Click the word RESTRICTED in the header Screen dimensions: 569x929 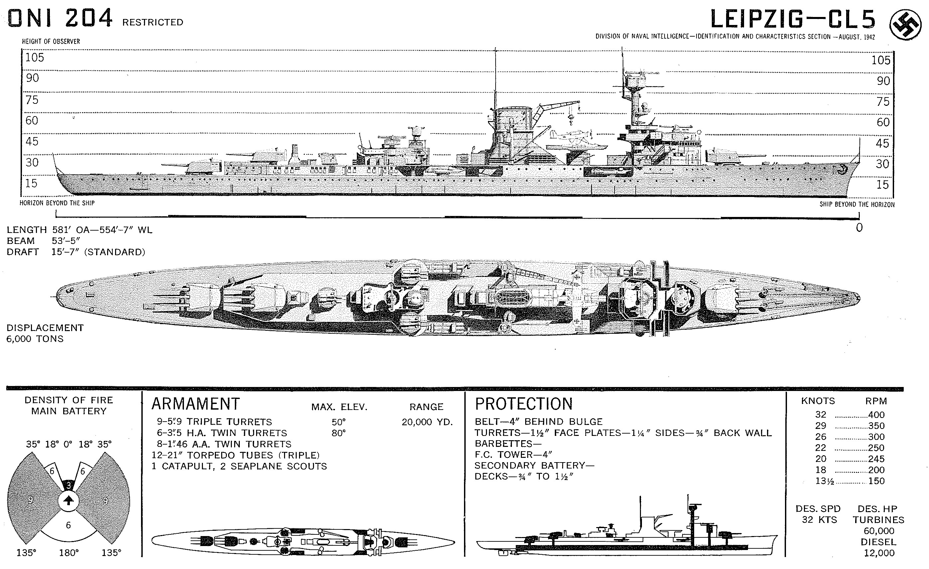click(x=153, y=23)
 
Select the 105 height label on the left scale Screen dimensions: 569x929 click(x=34, y=58)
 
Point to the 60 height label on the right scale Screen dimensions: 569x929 click(x=883, y=122)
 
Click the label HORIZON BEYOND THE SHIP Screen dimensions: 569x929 click(x=57, y=203)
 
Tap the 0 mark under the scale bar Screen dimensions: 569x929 click(x=859, y=227)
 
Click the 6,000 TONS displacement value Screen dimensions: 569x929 click(x=35, y=339)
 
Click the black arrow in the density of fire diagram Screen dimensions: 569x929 click(x=68, y=500)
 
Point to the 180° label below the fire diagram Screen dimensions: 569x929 click(x=69, y=553)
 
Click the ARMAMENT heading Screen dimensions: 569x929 click(x=195, y=404)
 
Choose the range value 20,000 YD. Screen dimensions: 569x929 click(x=427, y=422)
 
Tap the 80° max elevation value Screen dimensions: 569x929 click(x=339, y=433)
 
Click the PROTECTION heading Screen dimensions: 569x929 click(x=523, y=404)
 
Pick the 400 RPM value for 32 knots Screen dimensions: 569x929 click(x=876, y=415)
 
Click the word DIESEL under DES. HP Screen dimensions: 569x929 click(x=878, y=542)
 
